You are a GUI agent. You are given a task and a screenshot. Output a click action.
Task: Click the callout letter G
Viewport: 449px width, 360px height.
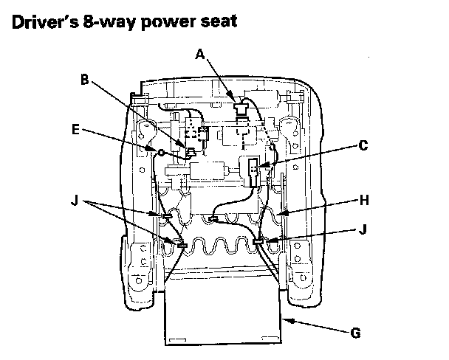354,333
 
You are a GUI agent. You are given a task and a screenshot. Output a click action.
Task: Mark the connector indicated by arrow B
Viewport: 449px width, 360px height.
191,152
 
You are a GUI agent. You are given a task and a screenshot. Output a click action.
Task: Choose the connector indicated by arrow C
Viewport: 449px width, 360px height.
253,172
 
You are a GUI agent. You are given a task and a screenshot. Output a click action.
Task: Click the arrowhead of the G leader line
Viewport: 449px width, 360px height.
287,320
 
